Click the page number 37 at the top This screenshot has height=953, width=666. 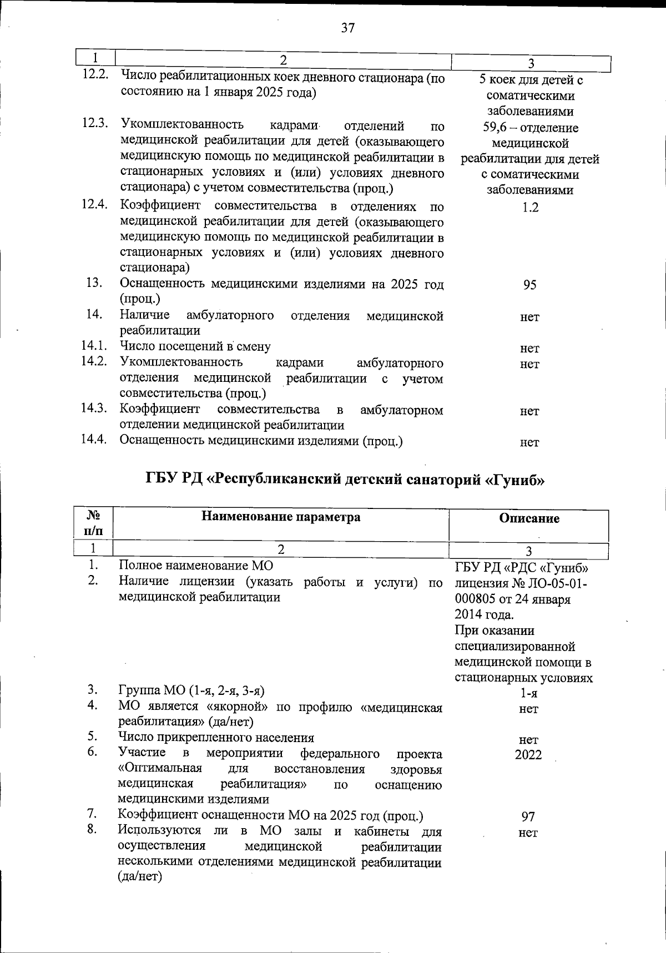pyautogui.click(x=348, y=28)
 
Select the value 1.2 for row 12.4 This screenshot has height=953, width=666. pyautogui.click(x=530, y=207)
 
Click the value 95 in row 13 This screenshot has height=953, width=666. pyautogui.click(x=530, y=285)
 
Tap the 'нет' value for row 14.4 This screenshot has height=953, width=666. pyautogui.click(x=529, y=442)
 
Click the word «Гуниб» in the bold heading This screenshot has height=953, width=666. pyautogui.click(x=515, y=480)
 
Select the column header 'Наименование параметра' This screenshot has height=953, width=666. pyautogui.click(x=281, y=517)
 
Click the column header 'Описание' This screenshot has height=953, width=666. pyautogui.click(x=529, y=518)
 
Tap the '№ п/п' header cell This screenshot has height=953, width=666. pyautogui.click(x=93, y=524)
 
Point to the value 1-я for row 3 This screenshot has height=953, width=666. pyautogui.click(x=528, y=693)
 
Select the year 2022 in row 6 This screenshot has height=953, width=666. pyautogui.click(x=528, y=755)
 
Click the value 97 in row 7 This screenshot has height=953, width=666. pyautogui.click(x=528, y=816)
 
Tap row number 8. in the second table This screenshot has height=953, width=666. pyautogui.click(x=93, y=830)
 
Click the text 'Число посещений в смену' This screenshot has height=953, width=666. pyautogui.click(x=195, y=347)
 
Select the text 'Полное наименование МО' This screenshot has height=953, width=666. pyautogui.click(x=196, y=566)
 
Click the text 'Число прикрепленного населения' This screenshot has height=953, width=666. pyautogui.click(x=216, y=738)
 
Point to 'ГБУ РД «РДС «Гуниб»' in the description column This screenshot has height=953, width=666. pyautogui.click(x=522, y=568)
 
